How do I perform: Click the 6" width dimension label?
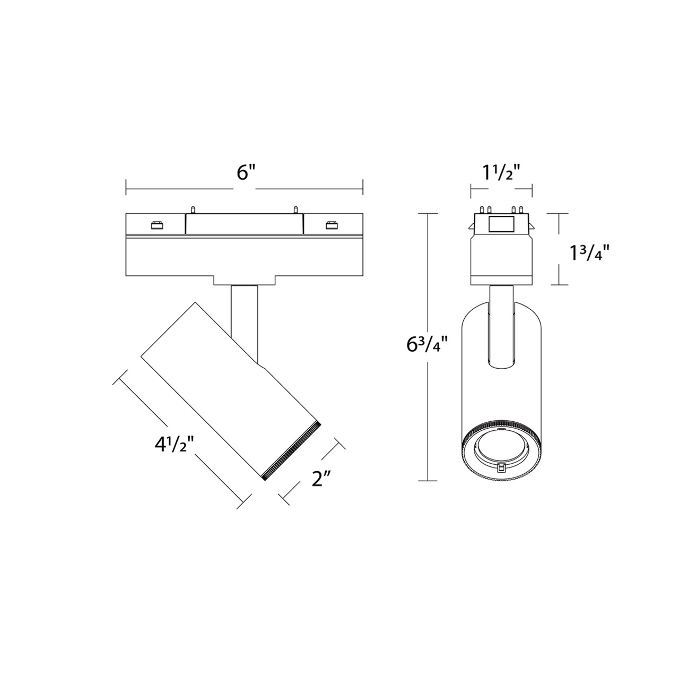coord(246,173)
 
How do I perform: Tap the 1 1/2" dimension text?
coord(501,173)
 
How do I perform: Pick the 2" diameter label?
coord(321,480)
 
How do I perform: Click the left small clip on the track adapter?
coord(156,225)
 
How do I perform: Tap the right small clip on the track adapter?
coord(332,225)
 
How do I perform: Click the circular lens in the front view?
coord(501,444)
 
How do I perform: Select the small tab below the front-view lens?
coord(501,466)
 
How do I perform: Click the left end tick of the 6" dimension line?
coord(126,187)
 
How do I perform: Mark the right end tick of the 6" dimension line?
coord(363,187)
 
